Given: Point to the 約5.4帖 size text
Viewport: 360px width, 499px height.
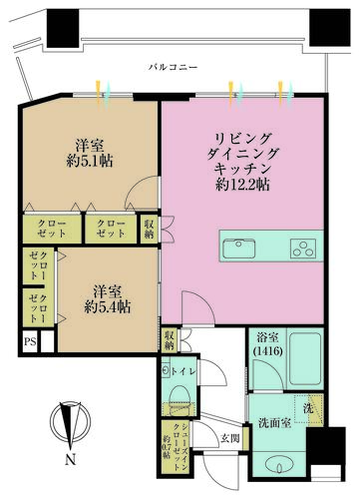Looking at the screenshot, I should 105,306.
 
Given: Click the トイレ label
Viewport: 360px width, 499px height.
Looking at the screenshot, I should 186,371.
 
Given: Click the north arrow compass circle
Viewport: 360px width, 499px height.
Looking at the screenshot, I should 69,422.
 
